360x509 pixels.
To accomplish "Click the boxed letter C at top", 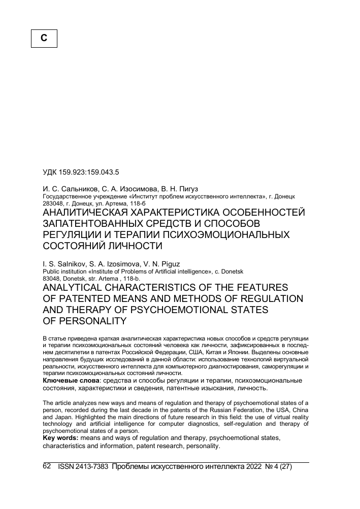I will point(44,38).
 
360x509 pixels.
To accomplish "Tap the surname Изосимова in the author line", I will point(135,188).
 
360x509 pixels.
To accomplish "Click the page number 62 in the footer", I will point(47,466).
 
